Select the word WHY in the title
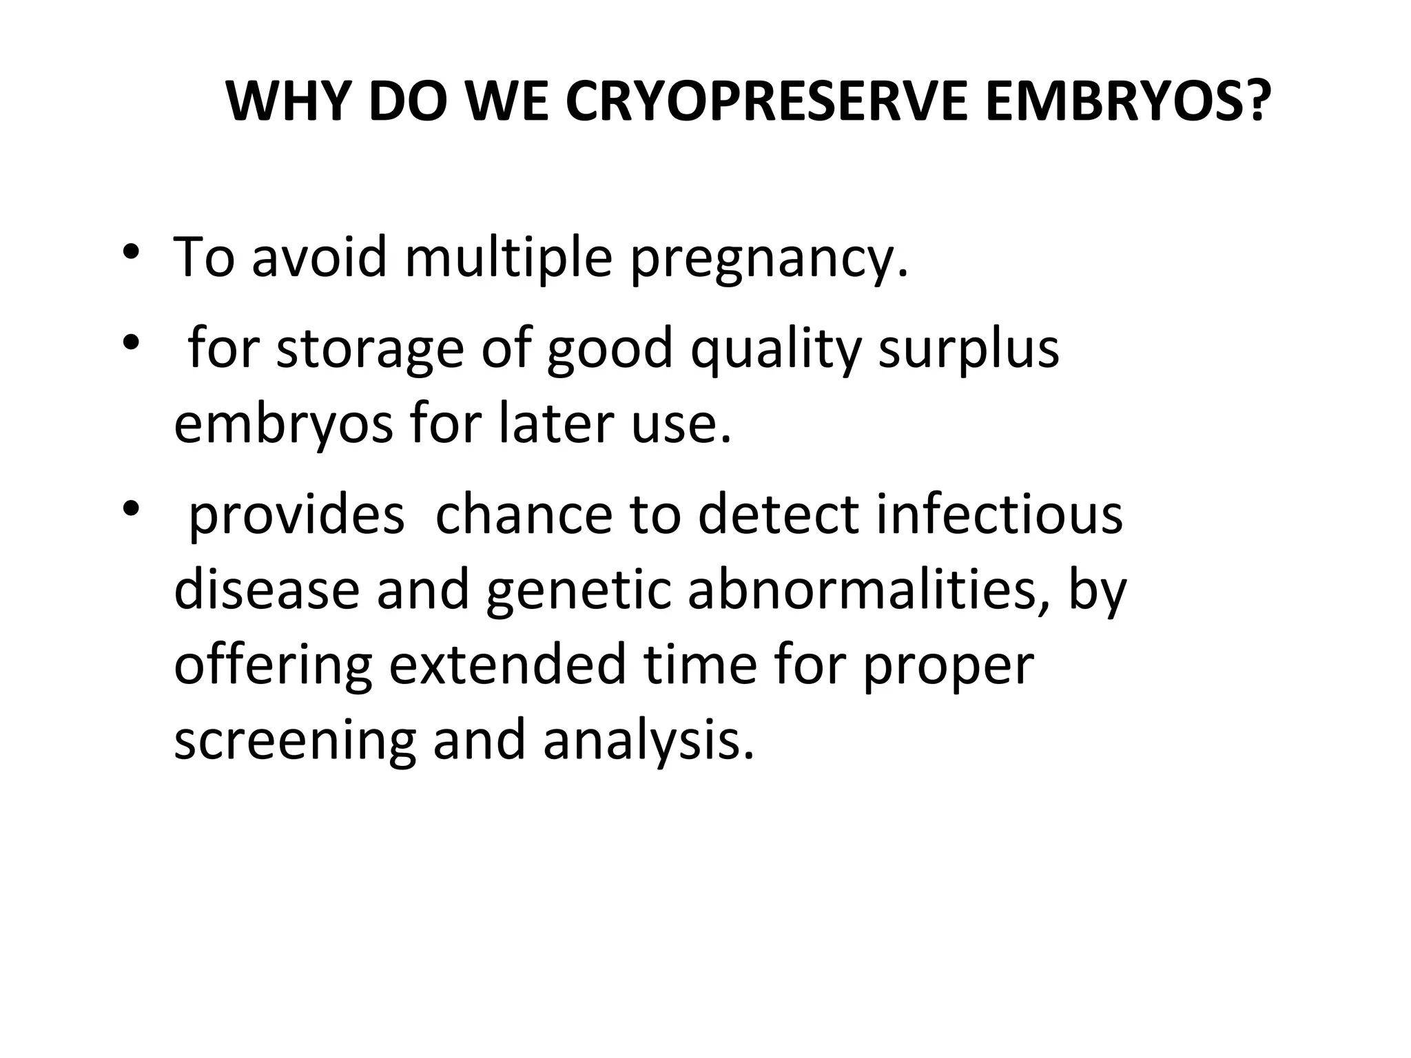tap(290, 102)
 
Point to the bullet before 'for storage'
tap(129, 342)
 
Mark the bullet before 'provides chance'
tap(129, 508)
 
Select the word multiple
tap(508, 258)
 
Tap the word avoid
tap(319, 256)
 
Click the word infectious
tap(999, 515)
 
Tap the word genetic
tap(578, 592)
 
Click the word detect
tap(779, 515)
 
